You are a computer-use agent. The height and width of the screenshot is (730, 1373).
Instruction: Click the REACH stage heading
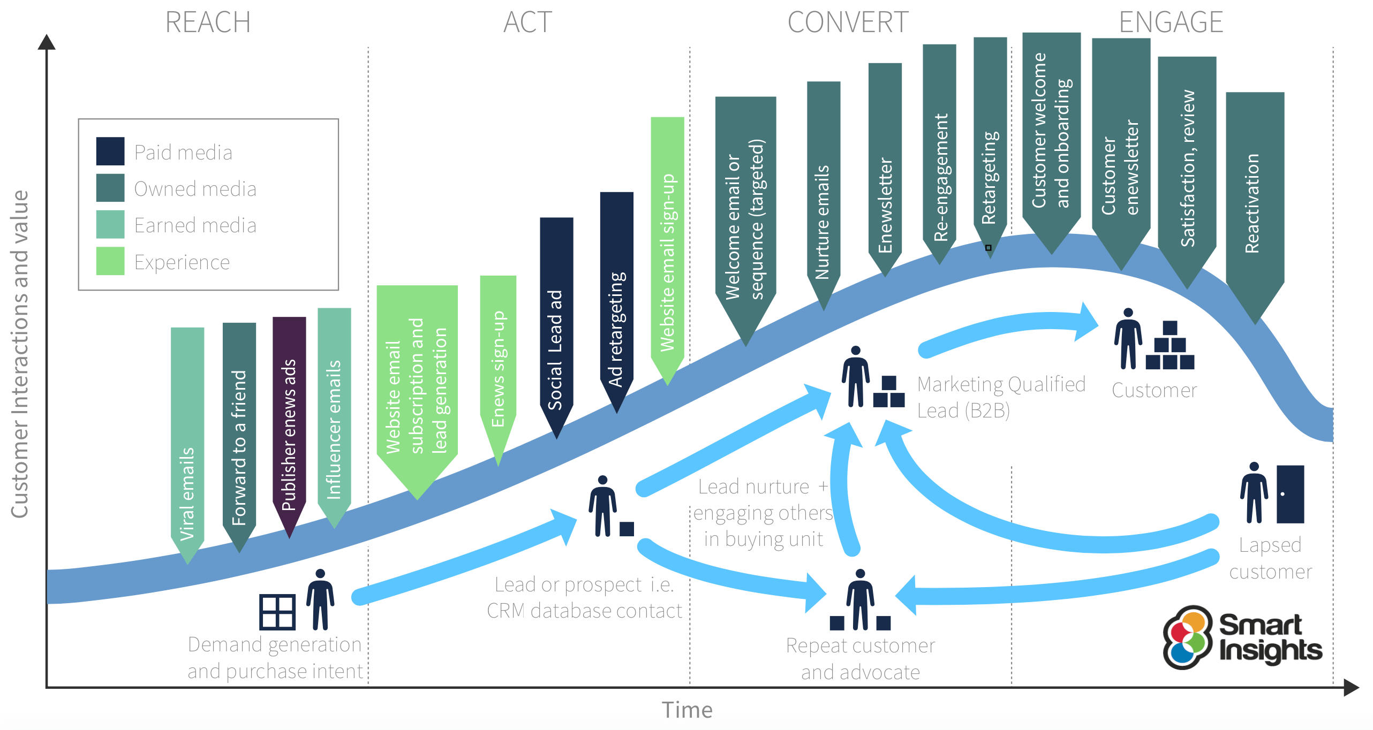pos(208,22)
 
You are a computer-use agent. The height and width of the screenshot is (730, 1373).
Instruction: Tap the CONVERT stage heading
pos(848,22)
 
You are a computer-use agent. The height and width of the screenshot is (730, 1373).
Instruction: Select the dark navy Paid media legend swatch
pos(110,151)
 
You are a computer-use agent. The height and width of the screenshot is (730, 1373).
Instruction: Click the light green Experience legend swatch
pos(110,261)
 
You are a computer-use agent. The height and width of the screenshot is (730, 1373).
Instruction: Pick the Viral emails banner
pos(187,439)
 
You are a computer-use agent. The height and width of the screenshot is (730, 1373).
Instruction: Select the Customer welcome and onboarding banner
pos(1051,134)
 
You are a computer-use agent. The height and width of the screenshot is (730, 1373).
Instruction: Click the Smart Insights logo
pos(1242,637)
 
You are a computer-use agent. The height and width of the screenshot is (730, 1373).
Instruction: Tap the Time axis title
pos(687,710)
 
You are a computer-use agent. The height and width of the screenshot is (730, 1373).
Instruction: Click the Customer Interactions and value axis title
pos(20,353)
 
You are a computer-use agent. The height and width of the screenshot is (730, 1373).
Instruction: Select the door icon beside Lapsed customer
pos(1290,494)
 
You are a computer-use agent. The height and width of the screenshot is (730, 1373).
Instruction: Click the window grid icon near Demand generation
pos(277,612)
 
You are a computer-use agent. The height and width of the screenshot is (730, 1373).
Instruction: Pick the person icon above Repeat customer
pos(860,599)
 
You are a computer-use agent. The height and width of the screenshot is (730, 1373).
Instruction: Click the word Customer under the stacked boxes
pos(1154,390)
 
